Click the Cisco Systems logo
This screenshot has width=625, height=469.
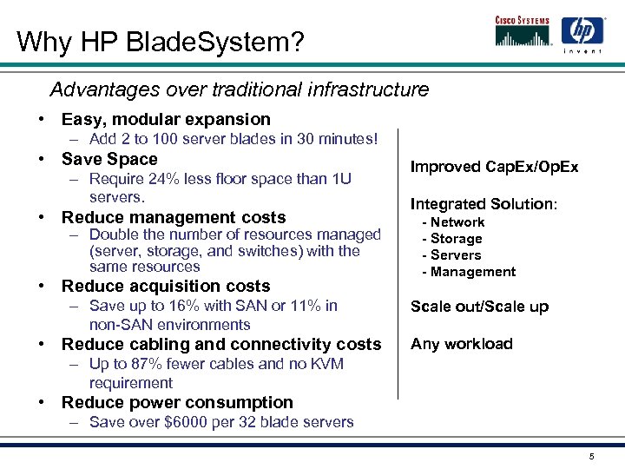coord(523,31)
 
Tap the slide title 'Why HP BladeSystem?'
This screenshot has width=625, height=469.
coord(161,42)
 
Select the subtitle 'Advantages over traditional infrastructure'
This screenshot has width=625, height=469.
coord(239,89)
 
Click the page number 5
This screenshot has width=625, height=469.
coord(591,457)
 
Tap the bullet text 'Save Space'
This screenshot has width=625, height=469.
coord(109,159)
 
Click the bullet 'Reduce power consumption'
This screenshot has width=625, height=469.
coord(177,402)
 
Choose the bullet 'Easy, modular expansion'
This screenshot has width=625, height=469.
coord(166,119)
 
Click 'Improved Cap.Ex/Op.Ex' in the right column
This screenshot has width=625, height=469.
coord(494,167)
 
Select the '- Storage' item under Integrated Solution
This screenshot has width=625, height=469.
coord(451,239)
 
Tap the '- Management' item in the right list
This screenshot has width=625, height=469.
coord(468,272)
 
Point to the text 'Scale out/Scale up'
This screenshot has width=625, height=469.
coord(479,307)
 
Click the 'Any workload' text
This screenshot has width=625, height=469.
coord(461,344)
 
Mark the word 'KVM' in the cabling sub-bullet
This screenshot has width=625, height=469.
coord(326,364)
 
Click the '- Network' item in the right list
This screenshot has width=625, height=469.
coord(452,222)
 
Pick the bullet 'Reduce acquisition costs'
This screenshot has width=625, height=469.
coord(166,286)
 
